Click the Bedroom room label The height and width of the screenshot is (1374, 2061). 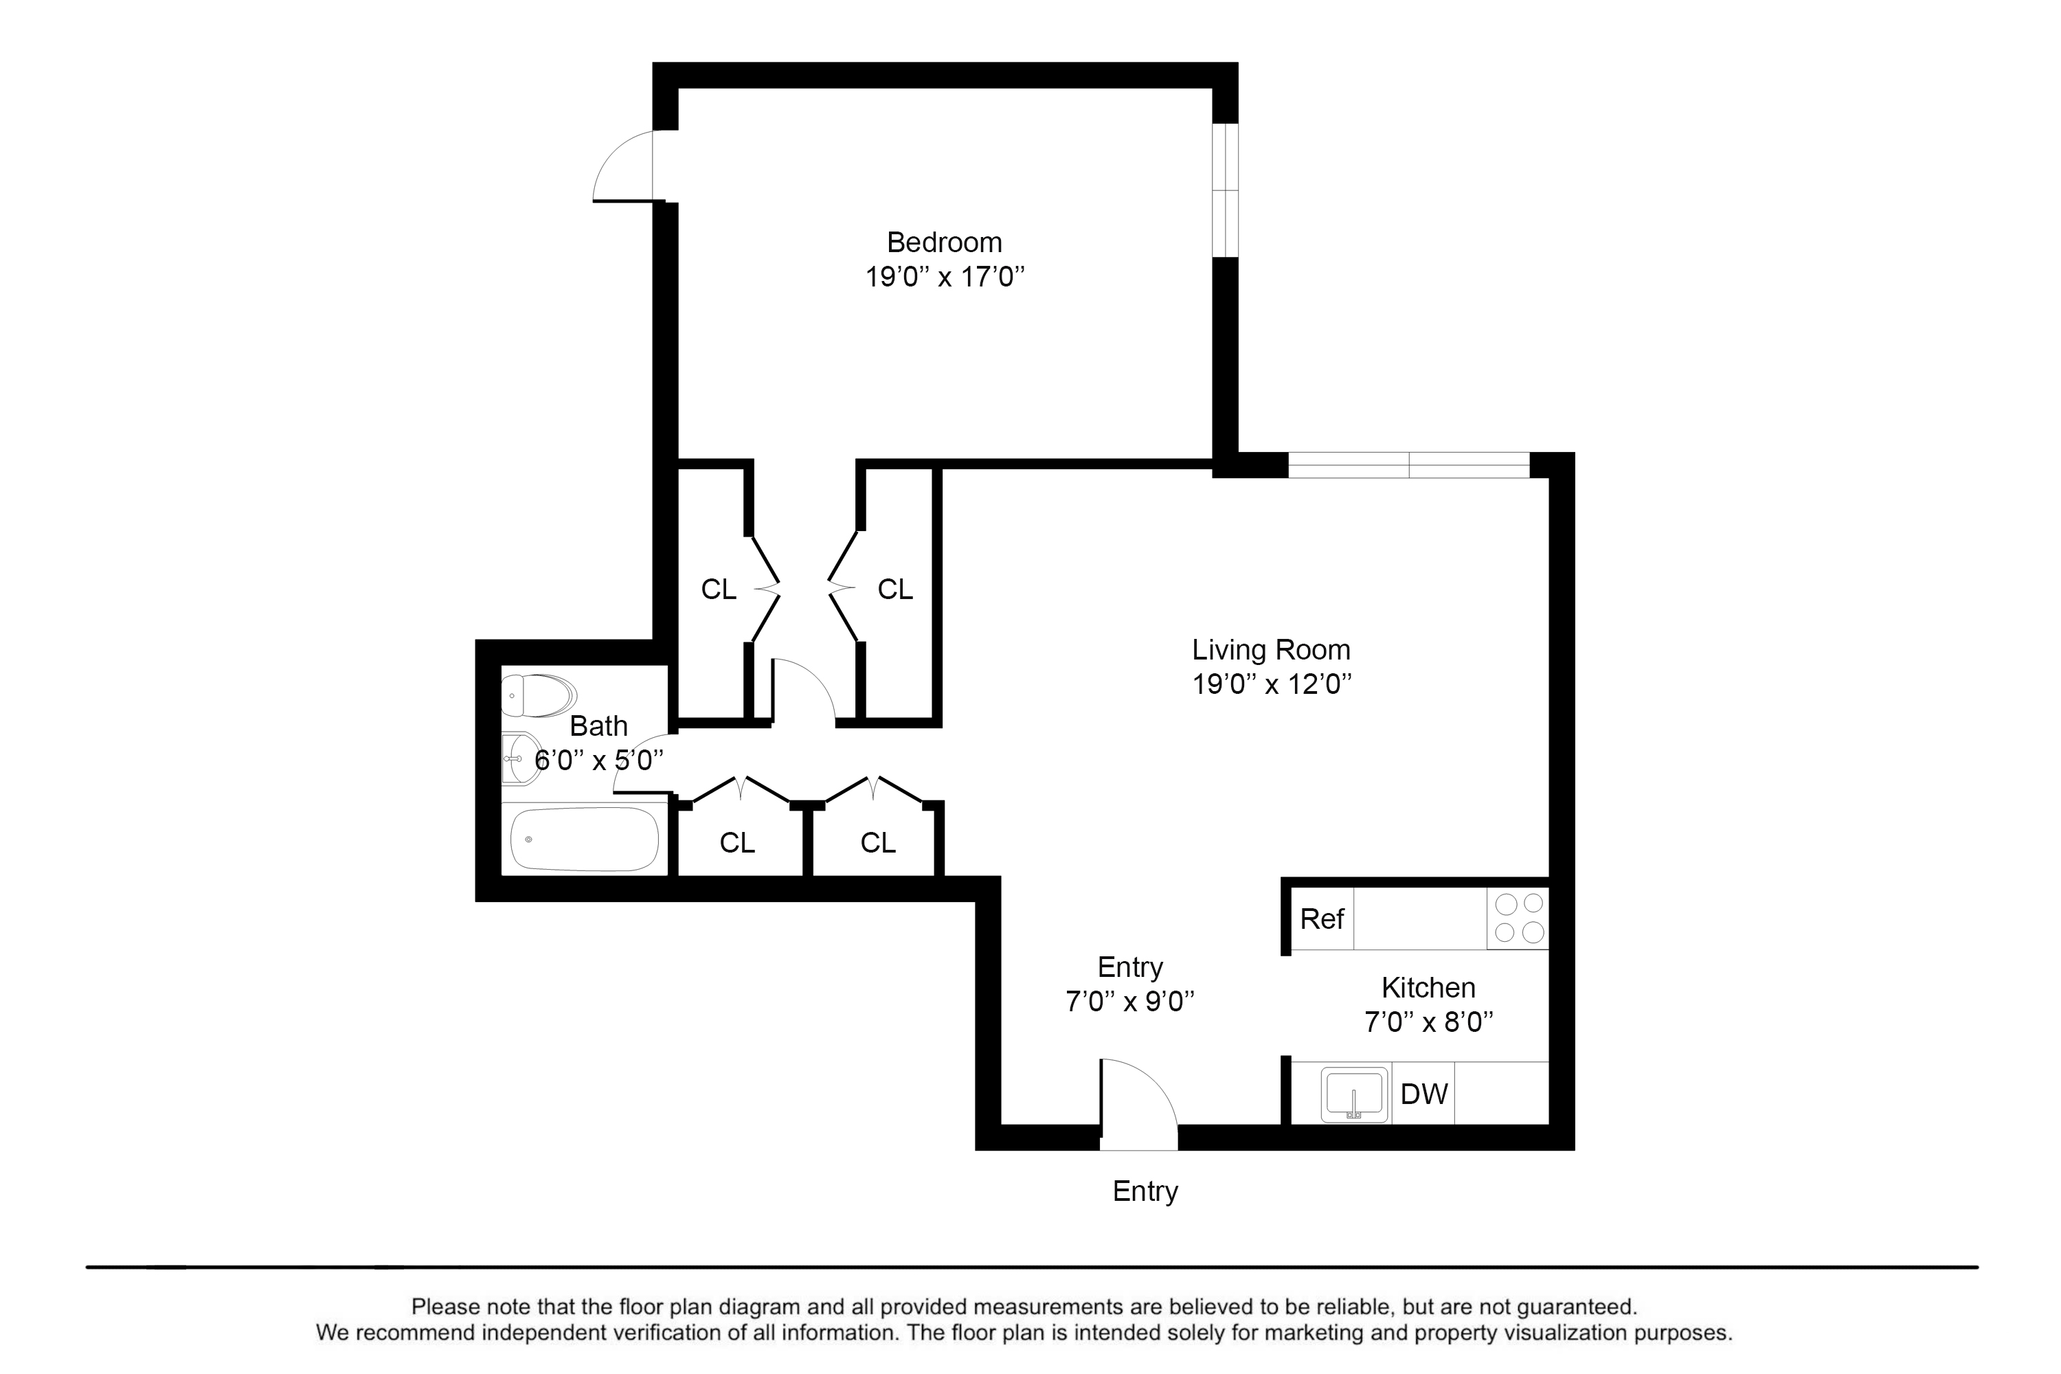(x=944, y=242)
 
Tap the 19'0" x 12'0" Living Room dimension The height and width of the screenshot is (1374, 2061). (x=1270, y=684)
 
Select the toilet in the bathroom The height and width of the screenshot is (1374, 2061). (x=538, y=696)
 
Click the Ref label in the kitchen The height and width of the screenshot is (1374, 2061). (x=1321, y=919)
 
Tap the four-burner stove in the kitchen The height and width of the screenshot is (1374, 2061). (x=1518, y=919)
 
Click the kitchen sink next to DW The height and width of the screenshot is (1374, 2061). (x=1354, y=1094)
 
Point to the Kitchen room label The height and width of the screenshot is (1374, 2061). (x=1428, y=988)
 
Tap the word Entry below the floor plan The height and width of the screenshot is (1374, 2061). (x=1145, y=1192)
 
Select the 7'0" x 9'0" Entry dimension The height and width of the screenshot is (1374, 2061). (x=1129, y=1002)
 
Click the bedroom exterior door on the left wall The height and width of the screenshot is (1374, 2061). (x=623, y=166)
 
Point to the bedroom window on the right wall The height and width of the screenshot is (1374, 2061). (x=1226, y=190)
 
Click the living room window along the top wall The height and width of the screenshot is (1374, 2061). (x=1408, y=465)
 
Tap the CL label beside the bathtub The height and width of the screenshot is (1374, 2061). (x=737, y=843)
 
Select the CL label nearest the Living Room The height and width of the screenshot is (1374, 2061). (x=894, y=589)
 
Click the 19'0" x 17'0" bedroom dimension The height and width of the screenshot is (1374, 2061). (x=945, y=278)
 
